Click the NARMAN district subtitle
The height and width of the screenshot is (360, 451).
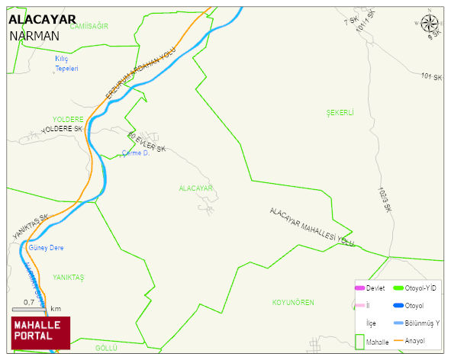coord(34,36)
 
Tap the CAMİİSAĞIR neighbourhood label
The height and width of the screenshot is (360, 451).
coord(89,26)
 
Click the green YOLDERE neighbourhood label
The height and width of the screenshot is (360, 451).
coord(67,120)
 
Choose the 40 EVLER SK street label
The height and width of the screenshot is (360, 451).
coord(147,142)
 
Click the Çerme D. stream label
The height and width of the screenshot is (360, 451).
coord(135,153)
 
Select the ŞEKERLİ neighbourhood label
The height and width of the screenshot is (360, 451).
coord(340,113)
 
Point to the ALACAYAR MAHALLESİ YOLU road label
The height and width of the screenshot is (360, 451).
coord(312,227)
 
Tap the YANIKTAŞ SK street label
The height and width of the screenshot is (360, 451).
coord(31,227)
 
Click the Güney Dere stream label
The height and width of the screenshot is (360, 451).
coord(46,248)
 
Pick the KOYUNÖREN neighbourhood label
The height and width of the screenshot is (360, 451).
coord(293,303)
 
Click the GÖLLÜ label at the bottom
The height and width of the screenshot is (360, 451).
coord(106,348)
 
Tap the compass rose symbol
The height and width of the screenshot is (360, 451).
coord(430,24)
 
